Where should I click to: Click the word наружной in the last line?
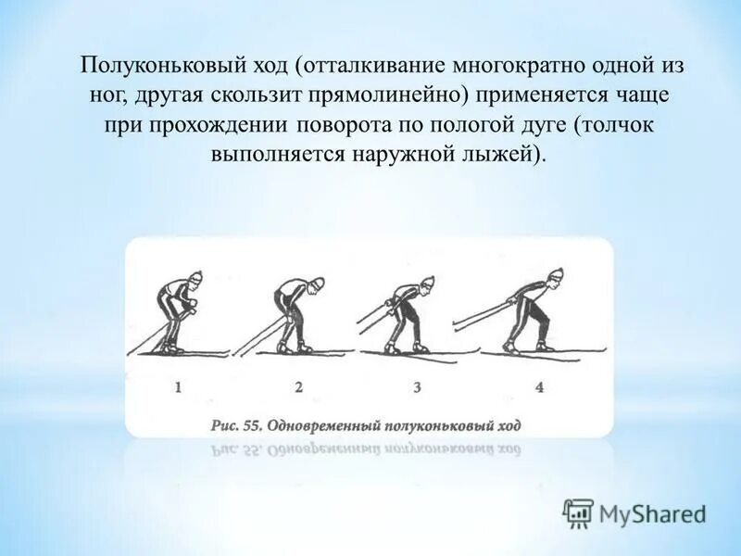(402, 153)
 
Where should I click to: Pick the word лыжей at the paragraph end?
(499, 153)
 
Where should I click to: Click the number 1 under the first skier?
(177, 387)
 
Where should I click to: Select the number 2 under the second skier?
(298, 387)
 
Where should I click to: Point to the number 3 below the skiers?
(417, 387)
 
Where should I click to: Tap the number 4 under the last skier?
(540, 387)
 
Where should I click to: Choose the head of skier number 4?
(555, 275)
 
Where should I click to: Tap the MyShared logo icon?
(578, 512)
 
